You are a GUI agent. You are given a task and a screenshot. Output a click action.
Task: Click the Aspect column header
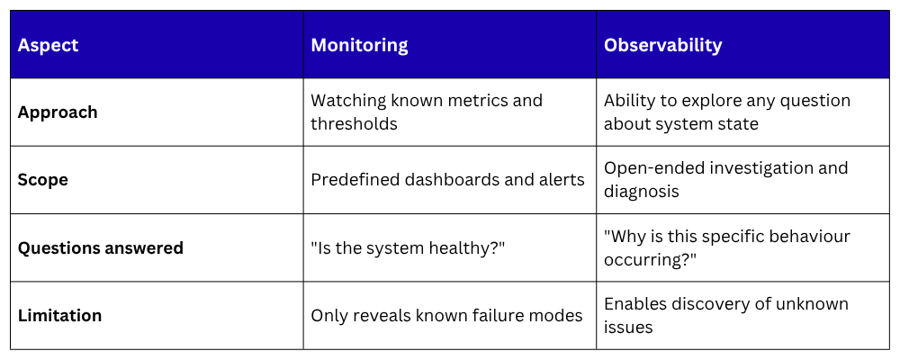click(49, 45)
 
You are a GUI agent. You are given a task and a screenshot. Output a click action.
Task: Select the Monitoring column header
click(359, 45)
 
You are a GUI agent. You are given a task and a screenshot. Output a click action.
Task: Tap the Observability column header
click(663, 45)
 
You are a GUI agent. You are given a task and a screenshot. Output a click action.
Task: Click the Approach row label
click(58, 112)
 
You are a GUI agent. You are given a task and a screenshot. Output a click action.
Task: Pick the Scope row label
click(43, 180)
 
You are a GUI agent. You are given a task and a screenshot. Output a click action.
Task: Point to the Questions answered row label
click(101, 248)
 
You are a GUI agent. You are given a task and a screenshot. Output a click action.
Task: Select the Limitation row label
click(59, 315)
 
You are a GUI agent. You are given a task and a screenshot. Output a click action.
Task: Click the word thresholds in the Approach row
click(354, 124)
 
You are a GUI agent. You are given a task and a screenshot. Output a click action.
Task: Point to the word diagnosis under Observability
click(641, 192)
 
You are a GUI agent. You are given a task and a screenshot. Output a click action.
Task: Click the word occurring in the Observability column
click(646, 259)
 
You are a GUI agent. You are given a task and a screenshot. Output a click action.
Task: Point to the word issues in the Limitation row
click(628, 328)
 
